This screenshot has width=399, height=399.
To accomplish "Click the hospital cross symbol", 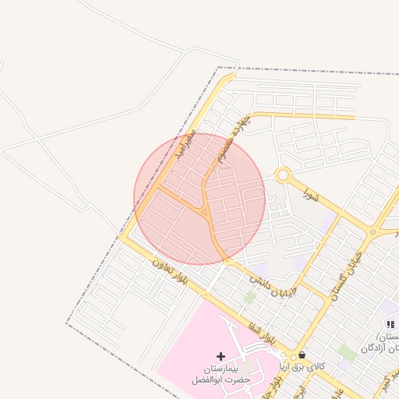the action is point(221,356).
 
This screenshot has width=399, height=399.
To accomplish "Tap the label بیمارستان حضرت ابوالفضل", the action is point(221,375).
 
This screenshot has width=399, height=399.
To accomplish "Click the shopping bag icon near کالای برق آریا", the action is point(302,355).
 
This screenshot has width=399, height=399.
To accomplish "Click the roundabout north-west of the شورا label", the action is point(282,175).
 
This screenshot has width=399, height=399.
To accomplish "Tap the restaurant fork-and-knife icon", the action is point(389,323).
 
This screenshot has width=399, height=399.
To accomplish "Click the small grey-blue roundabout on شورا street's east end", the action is point(373,232).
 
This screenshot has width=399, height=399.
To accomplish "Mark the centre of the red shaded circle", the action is point(199,199).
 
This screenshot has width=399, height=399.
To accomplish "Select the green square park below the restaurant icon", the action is point(348,352).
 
